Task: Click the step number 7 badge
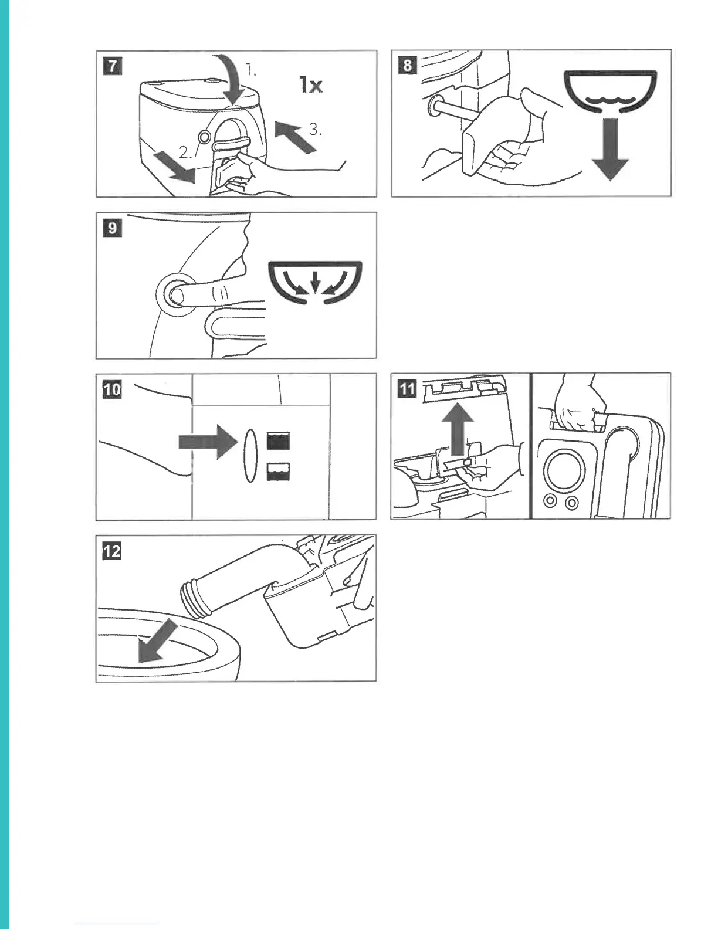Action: pyautogui.click(x=112, y=67)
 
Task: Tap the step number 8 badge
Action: pyautogui.click(x=407, y=66)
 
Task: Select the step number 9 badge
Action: pyautogui.click(x=112, y=228)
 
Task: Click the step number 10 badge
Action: pyautogui.click(x=111, y=390)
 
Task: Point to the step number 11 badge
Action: pyautogui.click(x=407, y=389)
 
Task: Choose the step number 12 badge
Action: pyautogui.click(x=111, y=551)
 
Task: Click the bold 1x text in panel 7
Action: pyautogui.click(x=311, y=84)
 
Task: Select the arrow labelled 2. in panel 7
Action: pyautogui.click(x=174, y=168)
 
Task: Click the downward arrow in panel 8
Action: pyautogui.click(x=610, y=150)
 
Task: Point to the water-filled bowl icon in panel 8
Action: pyautogui.click(x=610, y=91)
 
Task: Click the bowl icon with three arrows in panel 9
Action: pyautogui.click(x=315, y=283)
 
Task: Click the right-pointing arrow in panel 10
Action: pyautogui.click(x=208, y=442)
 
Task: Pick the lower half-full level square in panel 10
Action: pyautogui.click(x=278, y=472)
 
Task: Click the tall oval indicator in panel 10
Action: pyautogui.click(x=250, y=456)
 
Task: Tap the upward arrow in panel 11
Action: pyautogui.click(x=458, y=429)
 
